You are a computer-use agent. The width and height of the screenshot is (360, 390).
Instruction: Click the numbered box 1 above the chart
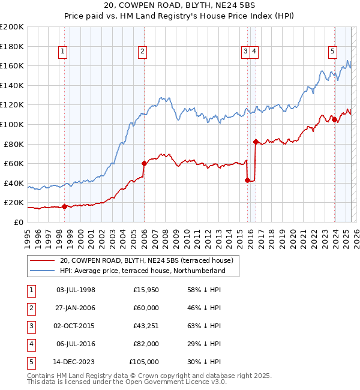pyautogui.click(x=63, y=52)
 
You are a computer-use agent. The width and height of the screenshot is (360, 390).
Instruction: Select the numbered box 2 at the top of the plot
pyautogui.click(x=142, y=52)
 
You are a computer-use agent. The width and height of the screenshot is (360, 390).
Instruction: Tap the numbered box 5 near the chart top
pyautogui.click(x=332, y=52)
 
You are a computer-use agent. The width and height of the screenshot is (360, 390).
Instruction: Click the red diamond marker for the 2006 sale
pyautogui.click(x=144, y=163)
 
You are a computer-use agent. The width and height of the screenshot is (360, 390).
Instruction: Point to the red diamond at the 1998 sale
pyautogui.click(x=64, y=206)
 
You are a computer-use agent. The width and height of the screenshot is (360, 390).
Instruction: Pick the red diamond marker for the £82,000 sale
pyautogui.click(x=256, y=142)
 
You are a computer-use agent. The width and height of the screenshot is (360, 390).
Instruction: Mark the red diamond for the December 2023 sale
pyautogui.click(x=334, y=119)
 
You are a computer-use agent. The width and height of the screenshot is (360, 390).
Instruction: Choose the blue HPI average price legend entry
pyautogui.click(x=142, y=271)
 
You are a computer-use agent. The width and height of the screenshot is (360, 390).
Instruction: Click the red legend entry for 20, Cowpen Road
pyautogui.click(x=149, y=260)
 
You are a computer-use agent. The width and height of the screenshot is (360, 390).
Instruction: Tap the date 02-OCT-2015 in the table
pyautogui.click(x=76, y=326)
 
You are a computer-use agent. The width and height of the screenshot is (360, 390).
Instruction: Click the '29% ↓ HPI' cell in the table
pyautogui.click(x=203, y=344)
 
